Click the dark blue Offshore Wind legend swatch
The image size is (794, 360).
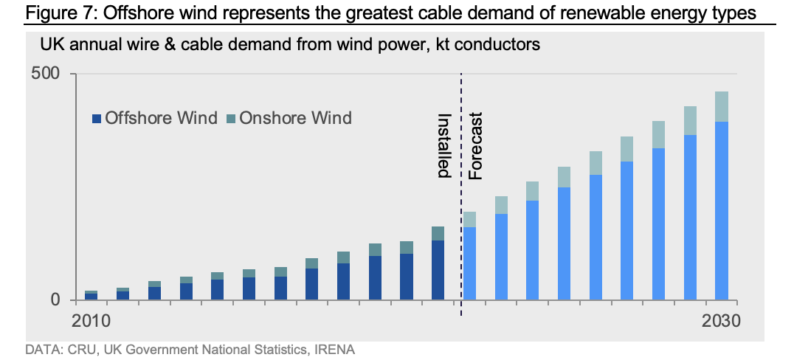click(x=97, y=118)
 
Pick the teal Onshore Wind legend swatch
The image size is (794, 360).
click(x=231, y=118)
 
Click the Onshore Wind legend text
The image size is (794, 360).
click(x=295, y=118)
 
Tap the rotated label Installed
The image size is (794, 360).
click(x=443, y=146)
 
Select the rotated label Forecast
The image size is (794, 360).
click(x=476, y=146)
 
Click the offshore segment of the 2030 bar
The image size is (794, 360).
click(x=722, y=210)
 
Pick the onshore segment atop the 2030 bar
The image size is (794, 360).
click(x=722, y=106)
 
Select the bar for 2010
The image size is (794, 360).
click(x=91, y=296)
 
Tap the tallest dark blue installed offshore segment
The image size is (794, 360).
click(x=438, y=269)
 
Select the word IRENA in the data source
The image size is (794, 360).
click(x=334, y=349)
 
